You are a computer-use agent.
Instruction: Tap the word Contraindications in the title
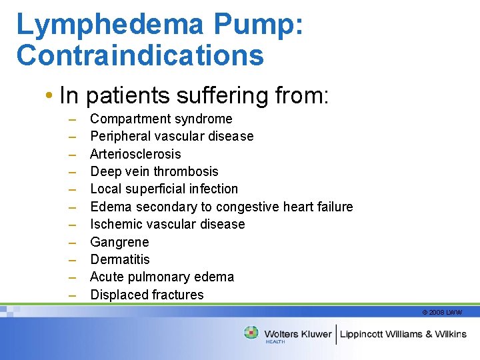(x=140, y=55)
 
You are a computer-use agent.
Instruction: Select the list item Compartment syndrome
(x=161, y=119)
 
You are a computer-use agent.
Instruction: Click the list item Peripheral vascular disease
(x=172, y=137)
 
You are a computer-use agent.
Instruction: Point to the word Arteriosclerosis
(x=135, y=154)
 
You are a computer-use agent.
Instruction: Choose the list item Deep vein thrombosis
(x=154, y=171)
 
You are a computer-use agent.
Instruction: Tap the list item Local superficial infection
(x=164, y=189)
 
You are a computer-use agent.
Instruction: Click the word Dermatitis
(x=120, y=260)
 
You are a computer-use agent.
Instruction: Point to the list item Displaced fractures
(x=147, y=295)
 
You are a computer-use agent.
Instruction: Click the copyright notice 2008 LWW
(x=442, y=313)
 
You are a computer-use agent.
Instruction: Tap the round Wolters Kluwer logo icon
(x=251, y=332)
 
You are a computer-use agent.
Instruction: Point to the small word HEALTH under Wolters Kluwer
(x=275, y=342)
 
